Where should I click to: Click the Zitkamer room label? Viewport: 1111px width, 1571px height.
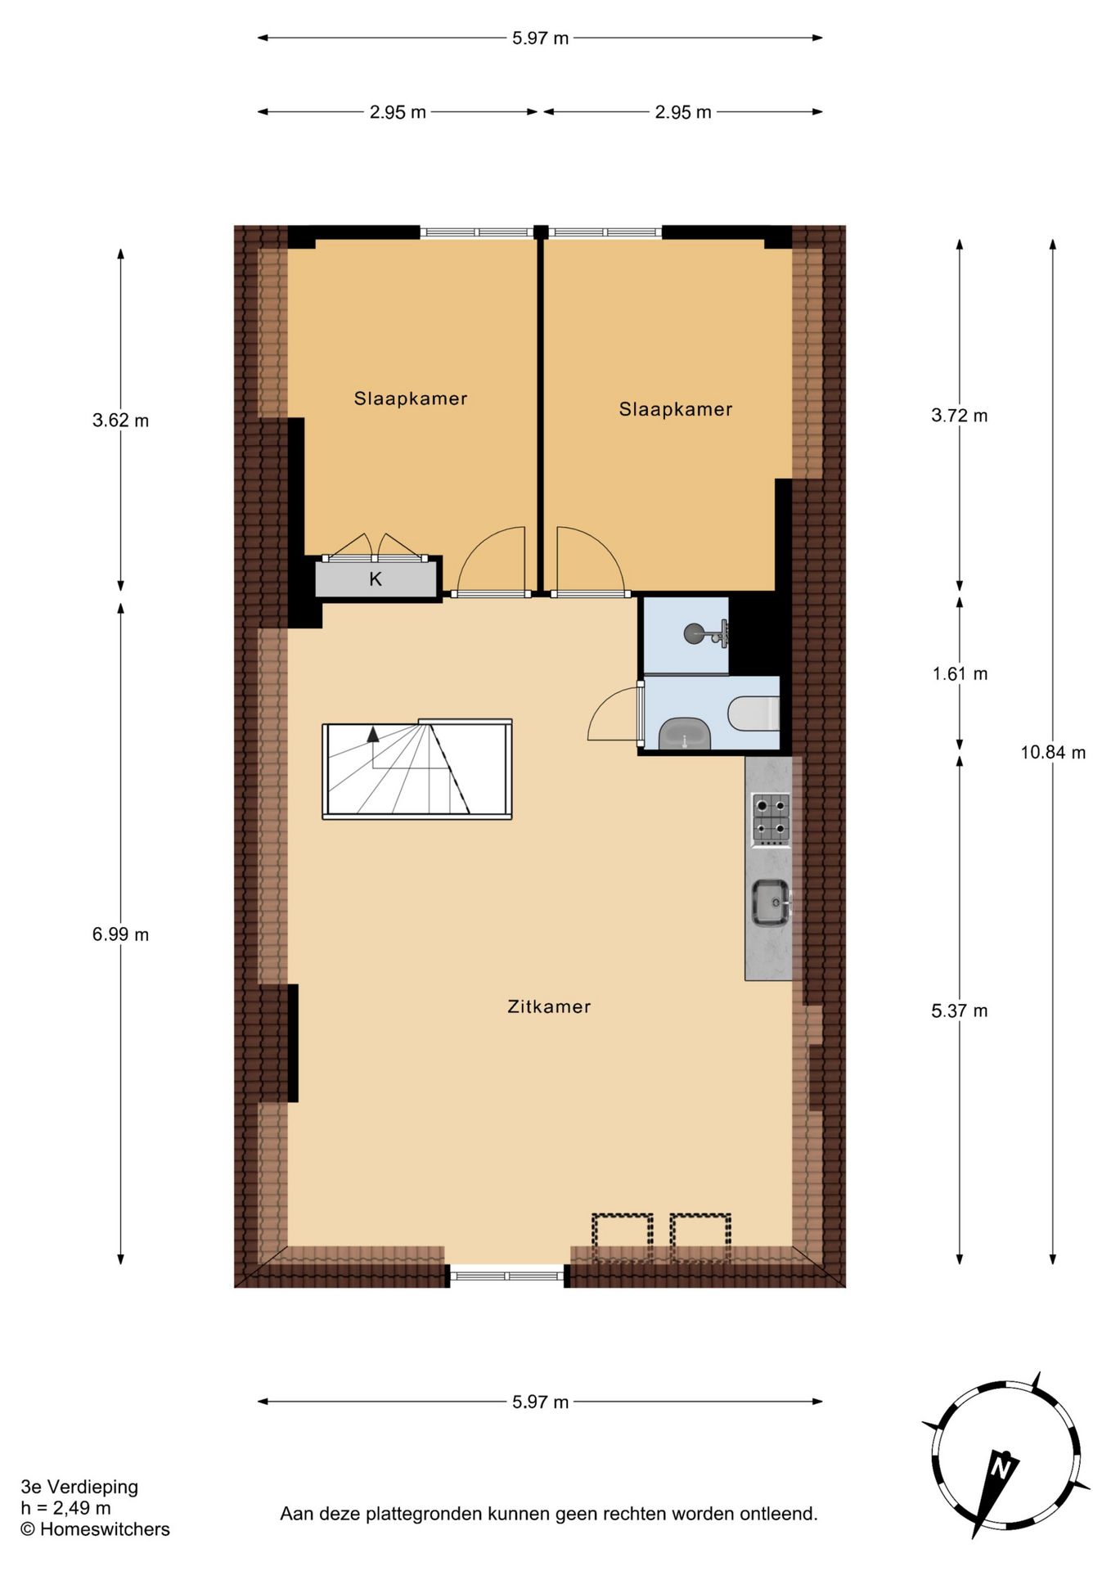[549, 1006]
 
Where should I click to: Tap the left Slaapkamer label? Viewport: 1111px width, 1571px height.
[411, 398]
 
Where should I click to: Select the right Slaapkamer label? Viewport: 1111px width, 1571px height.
[676, 409]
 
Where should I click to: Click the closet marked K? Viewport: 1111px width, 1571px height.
[376, 579]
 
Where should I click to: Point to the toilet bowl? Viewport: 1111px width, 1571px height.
[753, 712]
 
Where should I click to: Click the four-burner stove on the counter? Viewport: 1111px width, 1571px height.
[771, 818]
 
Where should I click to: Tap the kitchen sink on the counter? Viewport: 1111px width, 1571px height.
[771, 903]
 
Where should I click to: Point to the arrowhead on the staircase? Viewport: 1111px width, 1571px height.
[373, 733]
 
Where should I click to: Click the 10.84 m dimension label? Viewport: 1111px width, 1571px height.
[1053, 752]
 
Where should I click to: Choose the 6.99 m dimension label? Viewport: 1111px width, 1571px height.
[120, 934]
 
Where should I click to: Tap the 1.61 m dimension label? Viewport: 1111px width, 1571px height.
[960, 674]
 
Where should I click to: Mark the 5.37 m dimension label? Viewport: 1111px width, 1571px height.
[960, 1011]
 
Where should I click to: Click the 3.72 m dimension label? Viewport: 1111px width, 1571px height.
[960, 416]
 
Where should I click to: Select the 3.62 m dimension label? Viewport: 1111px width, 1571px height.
[120, 421]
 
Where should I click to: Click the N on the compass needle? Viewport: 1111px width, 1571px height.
[1000, 1468]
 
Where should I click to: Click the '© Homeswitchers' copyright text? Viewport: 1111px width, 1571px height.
[95, 1529]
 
